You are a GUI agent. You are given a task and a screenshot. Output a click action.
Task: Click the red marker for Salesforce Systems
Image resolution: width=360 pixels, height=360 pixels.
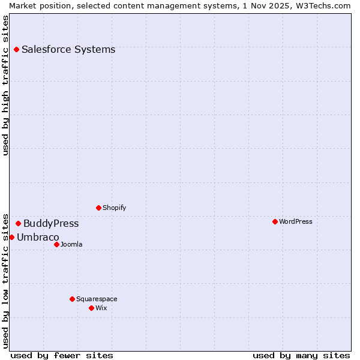coord(16,49)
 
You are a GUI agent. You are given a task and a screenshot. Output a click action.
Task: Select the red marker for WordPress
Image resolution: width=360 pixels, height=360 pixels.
coord(275,221)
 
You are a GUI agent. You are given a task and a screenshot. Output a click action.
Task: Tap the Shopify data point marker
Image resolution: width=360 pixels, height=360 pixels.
coord(98,208)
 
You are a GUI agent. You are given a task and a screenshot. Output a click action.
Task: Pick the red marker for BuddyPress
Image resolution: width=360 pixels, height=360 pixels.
coord(18,223)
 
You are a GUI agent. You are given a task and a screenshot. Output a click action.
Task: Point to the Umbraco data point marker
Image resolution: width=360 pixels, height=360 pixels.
coord(11,237)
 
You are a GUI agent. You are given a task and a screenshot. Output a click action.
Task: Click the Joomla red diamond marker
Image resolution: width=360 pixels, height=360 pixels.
coord(56,244)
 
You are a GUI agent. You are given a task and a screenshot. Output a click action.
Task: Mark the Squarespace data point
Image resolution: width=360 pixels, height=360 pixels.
coord(72,299)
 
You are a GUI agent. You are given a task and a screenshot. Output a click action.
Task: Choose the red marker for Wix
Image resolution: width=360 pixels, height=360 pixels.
coord(91,308)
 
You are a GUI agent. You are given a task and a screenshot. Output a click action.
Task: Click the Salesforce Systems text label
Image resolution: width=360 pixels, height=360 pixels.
coord(68,49)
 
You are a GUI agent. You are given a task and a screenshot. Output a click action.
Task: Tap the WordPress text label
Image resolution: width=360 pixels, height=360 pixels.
coord(296,221)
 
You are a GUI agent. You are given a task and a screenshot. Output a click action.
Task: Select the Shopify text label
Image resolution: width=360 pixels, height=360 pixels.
coord(115,208)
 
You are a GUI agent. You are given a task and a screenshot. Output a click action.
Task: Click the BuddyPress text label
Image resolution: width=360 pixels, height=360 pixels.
coord(51,223)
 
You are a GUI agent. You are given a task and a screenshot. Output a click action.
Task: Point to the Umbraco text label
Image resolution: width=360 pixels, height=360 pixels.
coord(38,237)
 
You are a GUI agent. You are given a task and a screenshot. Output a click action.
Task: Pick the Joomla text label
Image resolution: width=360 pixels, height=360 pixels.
coord(71,244)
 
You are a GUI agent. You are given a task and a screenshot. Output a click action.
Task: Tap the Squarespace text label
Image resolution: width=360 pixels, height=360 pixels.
coord(97,299)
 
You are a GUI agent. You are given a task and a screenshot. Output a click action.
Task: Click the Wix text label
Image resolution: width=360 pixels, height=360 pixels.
coord(101,308)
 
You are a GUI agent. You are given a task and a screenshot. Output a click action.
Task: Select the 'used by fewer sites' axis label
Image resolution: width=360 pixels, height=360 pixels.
coord(62,355)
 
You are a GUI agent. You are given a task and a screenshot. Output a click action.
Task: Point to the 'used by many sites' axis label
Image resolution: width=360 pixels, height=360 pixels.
coord(301,355)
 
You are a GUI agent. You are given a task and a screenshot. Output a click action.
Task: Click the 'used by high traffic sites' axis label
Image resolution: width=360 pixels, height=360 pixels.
coord(5,85)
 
